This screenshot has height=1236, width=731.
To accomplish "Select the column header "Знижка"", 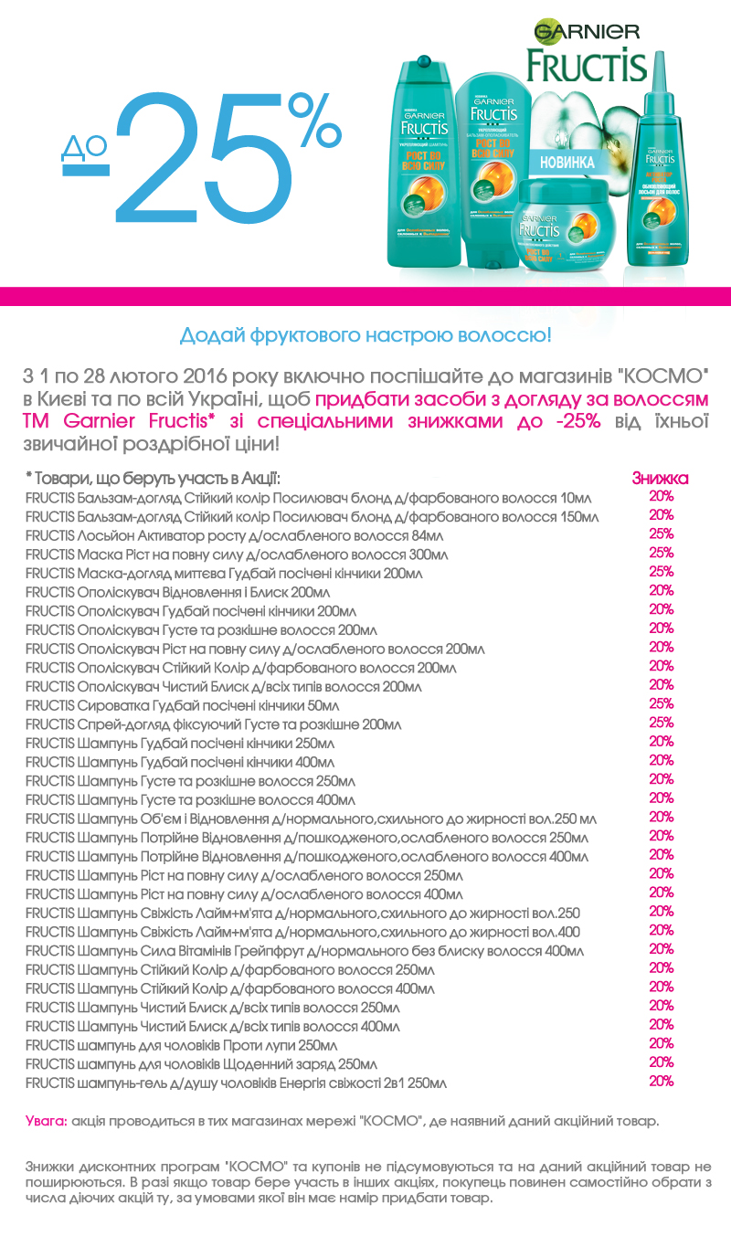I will point(660,478).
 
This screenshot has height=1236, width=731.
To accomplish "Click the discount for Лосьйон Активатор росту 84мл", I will point(661,533).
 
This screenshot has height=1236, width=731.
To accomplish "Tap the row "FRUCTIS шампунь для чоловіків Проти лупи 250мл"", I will point(182,1045).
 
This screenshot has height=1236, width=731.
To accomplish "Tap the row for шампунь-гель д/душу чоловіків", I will point(236,1083).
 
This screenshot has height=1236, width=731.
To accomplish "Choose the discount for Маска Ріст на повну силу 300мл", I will point(661,553).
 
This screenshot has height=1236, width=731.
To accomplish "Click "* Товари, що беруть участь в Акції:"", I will point(153,479).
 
